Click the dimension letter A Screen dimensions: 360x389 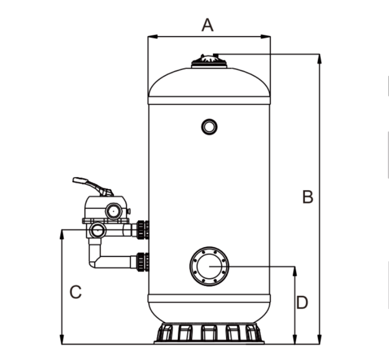click(208, 25)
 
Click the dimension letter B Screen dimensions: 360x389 click(308, 197)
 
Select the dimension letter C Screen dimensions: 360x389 click(76, 292)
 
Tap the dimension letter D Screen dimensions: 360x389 click(302, 303)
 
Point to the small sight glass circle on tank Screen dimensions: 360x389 click(209, 126)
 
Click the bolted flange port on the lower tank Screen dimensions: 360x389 click(209, 266)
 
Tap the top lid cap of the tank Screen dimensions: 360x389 click(209, 61)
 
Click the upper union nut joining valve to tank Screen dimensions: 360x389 click(142, 229)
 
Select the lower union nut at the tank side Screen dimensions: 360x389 click(142, 262)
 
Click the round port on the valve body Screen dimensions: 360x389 click(113, 210)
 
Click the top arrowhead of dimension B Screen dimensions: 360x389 click(320, 58)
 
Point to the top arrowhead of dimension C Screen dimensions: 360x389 click(62, 233)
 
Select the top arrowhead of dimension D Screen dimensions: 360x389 click(295, 270)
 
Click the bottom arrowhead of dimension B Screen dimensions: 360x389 click(320, 340)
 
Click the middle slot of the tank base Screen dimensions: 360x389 click(209, 333)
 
